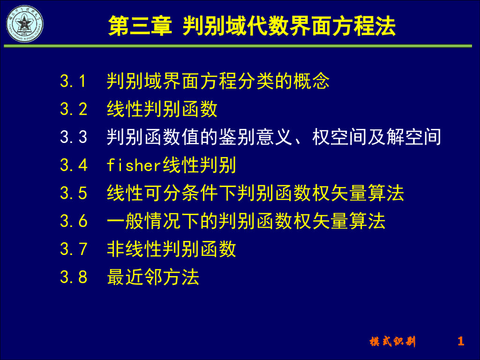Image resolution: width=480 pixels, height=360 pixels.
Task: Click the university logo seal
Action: (23, 24)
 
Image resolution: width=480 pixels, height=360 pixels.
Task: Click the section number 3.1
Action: (74, 82)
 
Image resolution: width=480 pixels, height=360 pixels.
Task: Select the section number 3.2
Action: (74, 109)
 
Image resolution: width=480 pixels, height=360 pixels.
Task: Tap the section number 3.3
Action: (74, 137)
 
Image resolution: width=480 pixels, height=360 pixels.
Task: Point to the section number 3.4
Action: (74, 165)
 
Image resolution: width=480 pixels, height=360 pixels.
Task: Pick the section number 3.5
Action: (74, 193)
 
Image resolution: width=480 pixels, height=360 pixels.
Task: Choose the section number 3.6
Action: (74, 221)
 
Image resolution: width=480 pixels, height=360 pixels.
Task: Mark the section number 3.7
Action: (74, 249)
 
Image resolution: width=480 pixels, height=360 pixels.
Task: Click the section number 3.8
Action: (74, 277)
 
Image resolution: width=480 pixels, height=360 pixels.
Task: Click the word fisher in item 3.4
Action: (134, 165)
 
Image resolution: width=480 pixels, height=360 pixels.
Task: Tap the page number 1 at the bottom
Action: (461, 341)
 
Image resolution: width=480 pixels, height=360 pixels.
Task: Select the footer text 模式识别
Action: (392, 342)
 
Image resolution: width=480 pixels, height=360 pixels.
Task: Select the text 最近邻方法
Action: (153, 277)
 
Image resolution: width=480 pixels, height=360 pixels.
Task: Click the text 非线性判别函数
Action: (171, 249)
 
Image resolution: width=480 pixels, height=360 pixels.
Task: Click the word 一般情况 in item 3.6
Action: (143, 221)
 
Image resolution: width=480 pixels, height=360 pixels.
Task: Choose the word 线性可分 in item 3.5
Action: (143, 193)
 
